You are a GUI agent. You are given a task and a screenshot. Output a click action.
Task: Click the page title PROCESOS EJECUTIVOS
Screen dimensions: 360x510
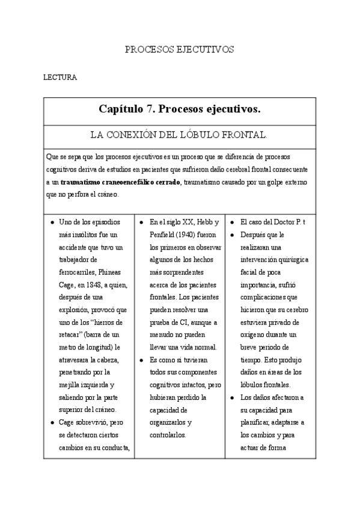pyautogui.click(x=179, y=49)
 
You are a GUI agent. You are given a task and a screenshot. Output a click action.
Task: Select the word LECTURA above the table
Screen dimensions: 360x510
pyautogui.click(x=59, y=78)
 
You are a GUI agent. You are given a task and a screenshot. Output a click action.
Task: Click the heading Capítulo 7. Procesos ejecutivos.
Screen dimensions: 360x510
pyautogui.click(x=180, y=109)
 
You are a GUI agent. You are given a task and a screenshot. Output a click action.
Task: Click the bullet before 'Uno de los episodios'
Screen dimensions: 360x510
pyautogui.click(x=52, y=223)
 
